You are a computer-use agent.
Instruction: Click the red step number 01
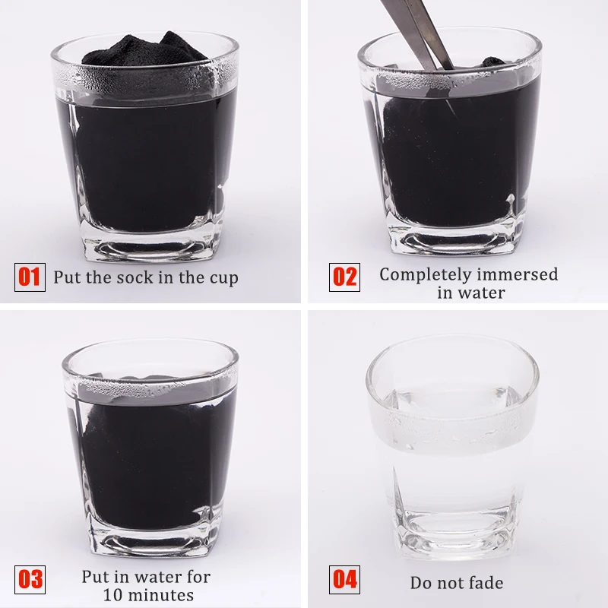coord(30,277)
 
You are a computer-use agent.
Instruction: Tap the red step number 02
coord(344,277)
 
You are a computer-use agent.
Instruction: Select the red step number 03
coord(30,579)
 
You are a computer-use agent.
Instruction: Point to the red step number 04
coord(344,579)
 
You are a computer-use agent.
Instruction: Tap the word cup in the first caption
coord(224,279)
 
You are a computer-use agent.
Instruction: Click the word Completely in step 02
coord(424,275)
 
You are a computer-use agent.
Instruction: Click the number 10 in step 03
coord(112,595)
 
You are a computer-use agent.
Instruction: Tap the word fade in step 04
coord(485,583)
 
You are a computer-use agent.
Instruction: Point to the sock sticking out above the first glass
coord(144,49)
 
